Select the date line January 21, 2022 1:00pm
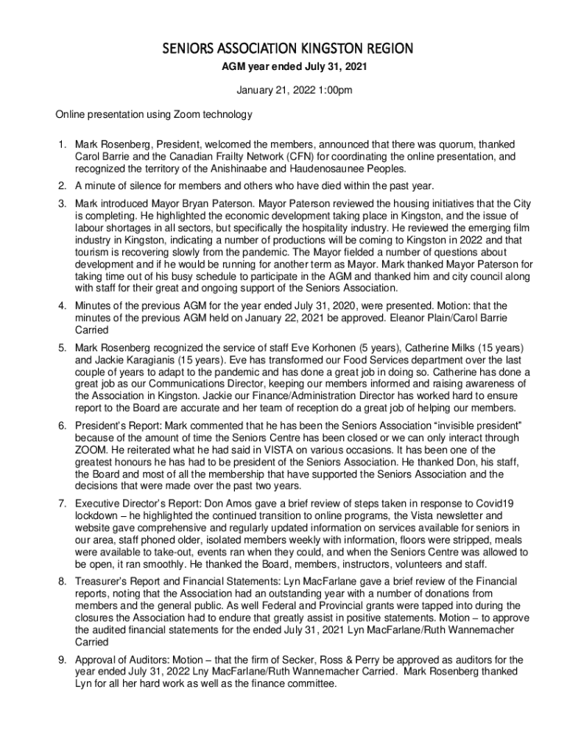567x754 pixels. coord(283,91)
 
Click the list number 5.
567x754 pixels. coord(61,346)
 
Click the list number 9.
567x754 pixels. coord(61,659)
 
